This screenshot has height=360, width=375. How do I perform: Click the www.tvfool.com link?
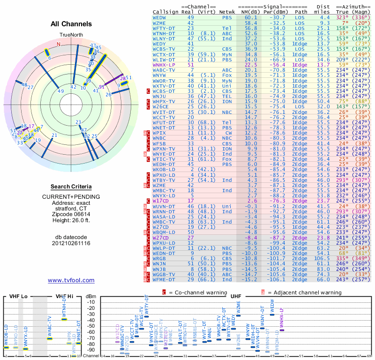(71, 280)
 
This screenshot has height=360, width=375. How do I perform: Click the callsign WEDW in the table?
(159, 17)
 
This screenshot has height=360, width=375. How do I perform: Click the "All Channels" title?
(71, 24)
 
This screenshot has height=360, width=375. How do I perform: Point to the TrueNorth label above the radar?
(71, 35)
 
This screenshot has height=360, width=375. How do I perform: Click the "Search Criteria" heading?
(71, 187)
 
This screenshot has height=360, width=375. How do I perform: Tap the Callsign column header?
(165, 12)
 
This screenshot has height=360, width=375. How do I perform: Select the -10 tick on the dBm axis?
(91, 302)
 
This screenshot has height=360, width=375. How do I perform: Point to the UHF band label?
(237, 296)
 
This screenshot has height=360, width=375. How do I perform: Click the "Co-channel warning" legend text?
(198, 292)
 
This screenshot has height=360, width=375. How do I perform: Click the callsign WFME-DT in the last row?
(164, 279)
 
